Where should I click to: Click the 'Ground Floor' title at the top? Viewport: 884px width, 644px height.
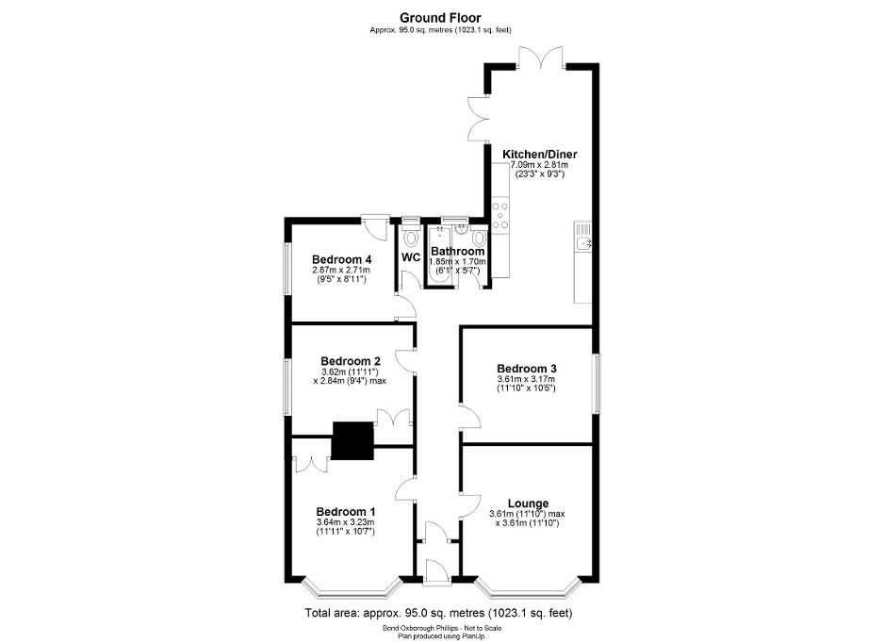tap(441, 17)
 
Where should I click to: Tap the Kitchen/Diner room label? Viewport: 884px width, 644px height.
tap(539, 155)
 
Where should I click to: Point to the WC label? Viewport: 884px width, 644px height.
tap(411, 257)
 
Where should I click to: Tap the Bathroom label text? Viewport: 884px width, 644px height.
tap(458, 252)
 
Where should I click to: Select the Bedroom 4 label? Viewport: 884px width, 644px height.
tap(342, 260)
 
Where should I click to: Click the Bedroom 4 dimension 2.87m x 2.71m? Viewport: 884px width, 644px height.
tap(342, 271)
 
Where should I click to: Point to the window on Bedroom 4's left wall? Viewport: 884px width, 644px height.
tap(289, 272)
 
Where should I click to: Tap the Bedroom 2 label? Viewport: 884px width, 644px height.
tap(350, 361)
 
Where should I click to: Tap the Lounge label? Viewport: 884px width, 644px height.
tap(528, 504)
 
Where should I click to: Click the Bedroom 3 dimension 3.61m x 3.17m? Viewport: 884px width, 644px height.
tap(527, 379)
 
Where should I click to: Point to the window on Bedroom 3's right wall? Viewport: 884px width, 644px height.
tap(595, 382)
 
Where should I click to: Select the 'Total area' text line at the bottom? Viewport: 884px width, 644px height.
tap(438, 613)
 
